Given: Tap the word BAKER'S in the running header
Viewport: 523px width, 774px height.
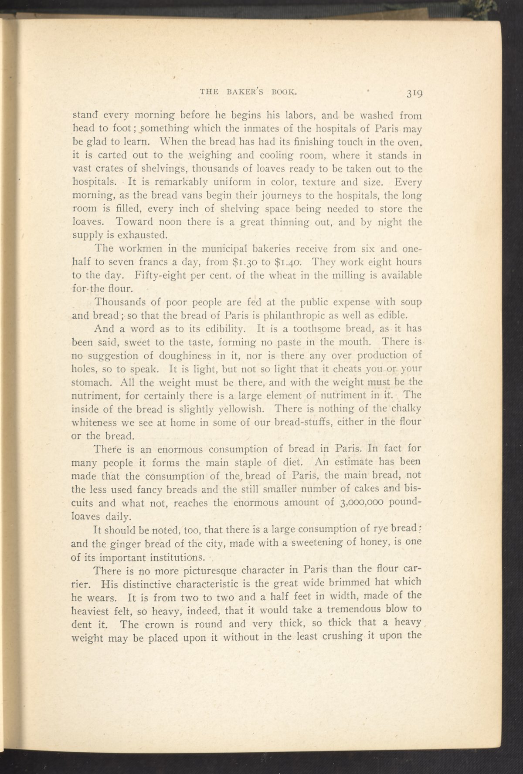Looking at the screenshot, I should coord(239,92).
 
